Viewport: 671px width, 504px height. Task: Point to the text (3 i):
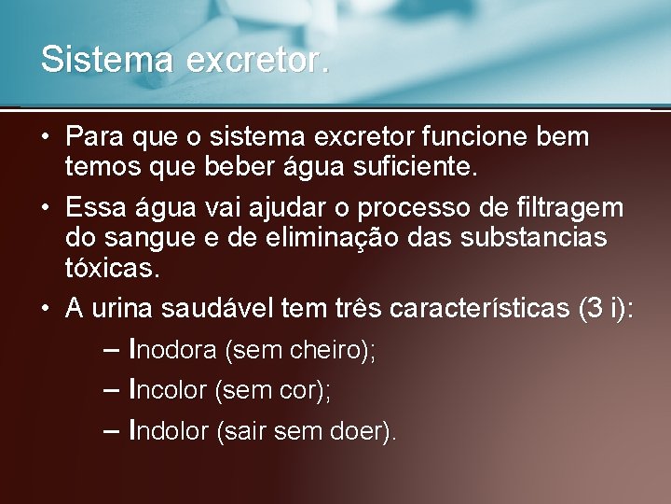coord(606,307)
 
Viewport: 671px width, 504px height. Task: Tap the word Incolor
coord(168,390)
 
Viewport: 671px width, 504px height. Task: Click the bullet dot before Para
coord(45,138)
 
